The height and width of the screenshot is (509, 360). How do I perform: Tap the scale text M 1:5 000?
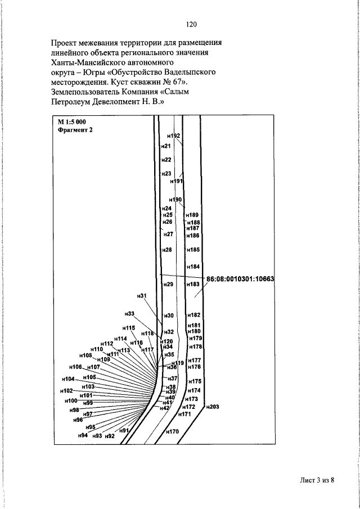72,122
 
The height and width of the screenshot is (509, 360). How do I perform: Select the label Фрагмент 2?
75,130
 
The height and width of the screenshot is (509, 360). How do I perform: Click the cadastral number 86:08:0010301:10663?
240,279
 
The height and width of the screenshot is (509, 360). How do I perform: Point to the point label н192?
174,137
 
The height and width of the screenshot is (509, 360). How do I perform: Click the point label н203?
212,406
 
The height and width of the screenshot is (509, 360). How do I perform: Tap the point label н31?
142,296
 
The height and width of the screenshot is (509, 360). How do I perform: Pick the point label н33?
130,313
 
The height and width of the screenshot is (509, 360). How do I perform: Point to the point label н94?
83,436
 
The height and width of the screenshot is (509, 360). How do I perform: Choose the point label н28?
166,249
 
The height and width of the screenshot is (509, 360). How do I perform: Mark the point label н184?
194,266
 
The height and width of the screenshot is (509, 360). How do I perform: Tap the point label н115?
129,328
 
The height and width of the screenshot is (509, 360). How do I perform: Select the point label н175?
195,381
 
